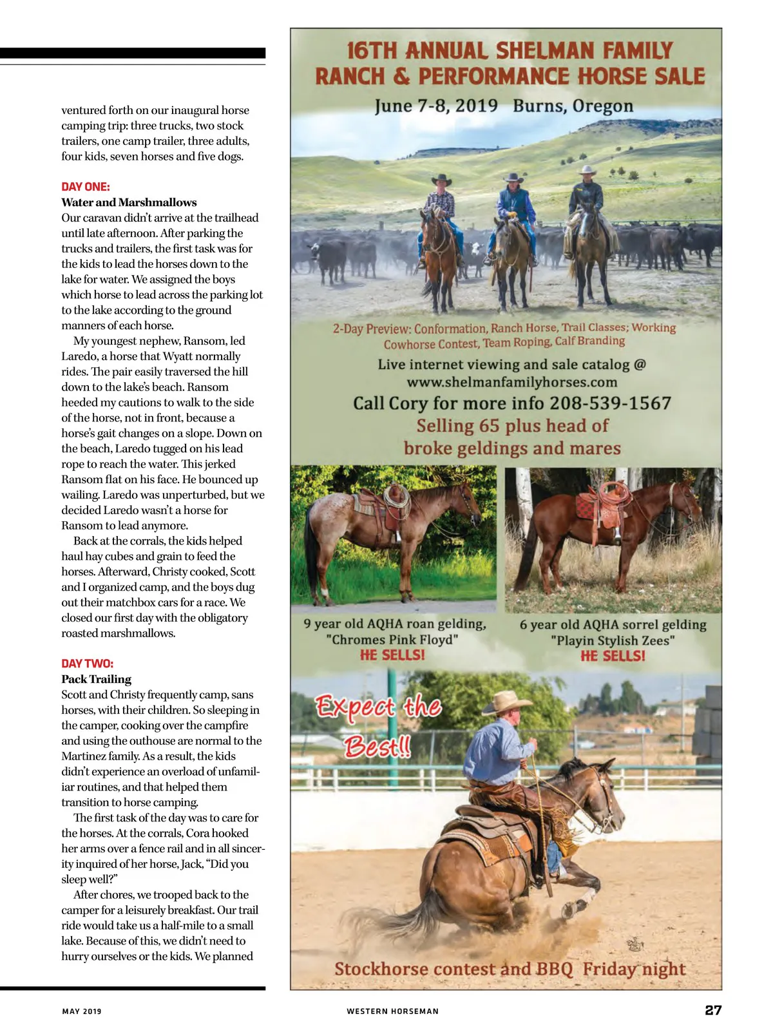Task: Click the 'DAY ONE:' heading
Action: coord(86,187)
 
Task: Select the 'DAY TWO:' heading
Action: coord(87,664)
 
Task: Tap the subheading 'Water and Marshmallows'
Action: coord(129,202)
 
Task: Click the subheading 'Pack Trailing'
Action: coord(96,679)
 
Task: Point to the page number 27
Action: coord(713,1010)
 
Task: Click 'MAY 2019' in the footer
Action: coord(82,1011)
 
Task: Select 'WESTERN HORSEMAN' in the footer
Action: coord(392,1011)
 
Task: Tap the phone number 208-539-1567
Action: coord(610,404)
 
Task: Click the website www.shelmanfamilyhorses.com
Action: coord(512,383)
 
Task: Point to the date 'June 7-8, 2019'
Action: coord(436,106)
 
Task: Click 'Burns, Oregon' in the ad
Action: coord(573,106)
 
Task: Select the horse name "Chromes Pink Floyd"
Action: coord(392,640)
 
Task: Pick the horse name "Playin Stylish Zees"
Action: coord(613,640)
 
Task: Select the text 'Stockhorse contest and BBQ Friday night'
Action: coord(510,969)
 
